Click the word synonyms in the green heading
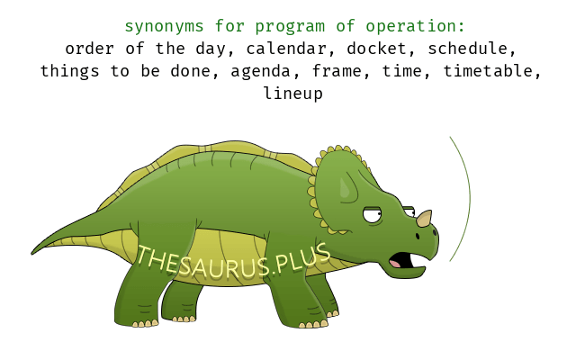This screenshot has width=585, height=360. pyautogui.click(x=164, y=27)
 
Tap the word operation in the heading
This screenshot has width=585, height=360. pyautogui.click(x=415, y=27)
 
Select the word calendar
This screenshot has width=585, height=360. pyautogui.click(x=286, y=49)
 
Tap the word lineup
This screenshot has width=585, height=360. pyautogui.click(x=293, y=94)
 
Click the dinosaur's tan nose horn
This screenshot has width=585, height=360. pyautogui.click(x=424, y=218)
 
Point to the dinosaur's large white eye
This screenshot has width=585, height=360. pyautogui.click(x=373, y=215)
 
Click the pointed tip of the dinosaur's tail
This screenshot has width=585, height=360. pyautogui.click(x=31, y=254)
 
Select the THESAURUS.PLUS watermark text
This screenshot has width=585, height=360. pyautogui.click(x=233, y=261)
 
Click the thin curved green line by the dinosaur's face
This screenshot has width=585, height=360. pyautogui.click(x=470, y=198)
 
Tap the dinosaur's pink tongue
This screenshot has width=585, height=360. pyautogui.click(x=395, y=264)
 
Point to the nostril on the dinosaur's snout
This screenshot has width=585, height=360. pyautogui.click(x=418, y=236)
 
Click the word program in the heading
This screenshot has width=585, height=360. pyautogui.click(x=290, y=27)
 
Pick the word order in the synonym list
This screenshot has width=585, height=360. pyautogui.click(x=89, y=49)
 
